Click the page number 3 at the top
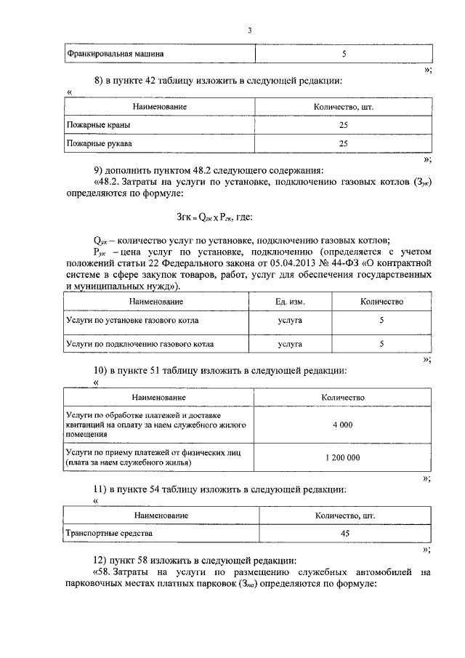click(248, 30)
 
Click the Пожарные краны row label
click(94, 125)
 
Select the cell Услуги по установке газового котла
click(132, 320)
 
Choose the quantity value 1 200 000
click(343, 457)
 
